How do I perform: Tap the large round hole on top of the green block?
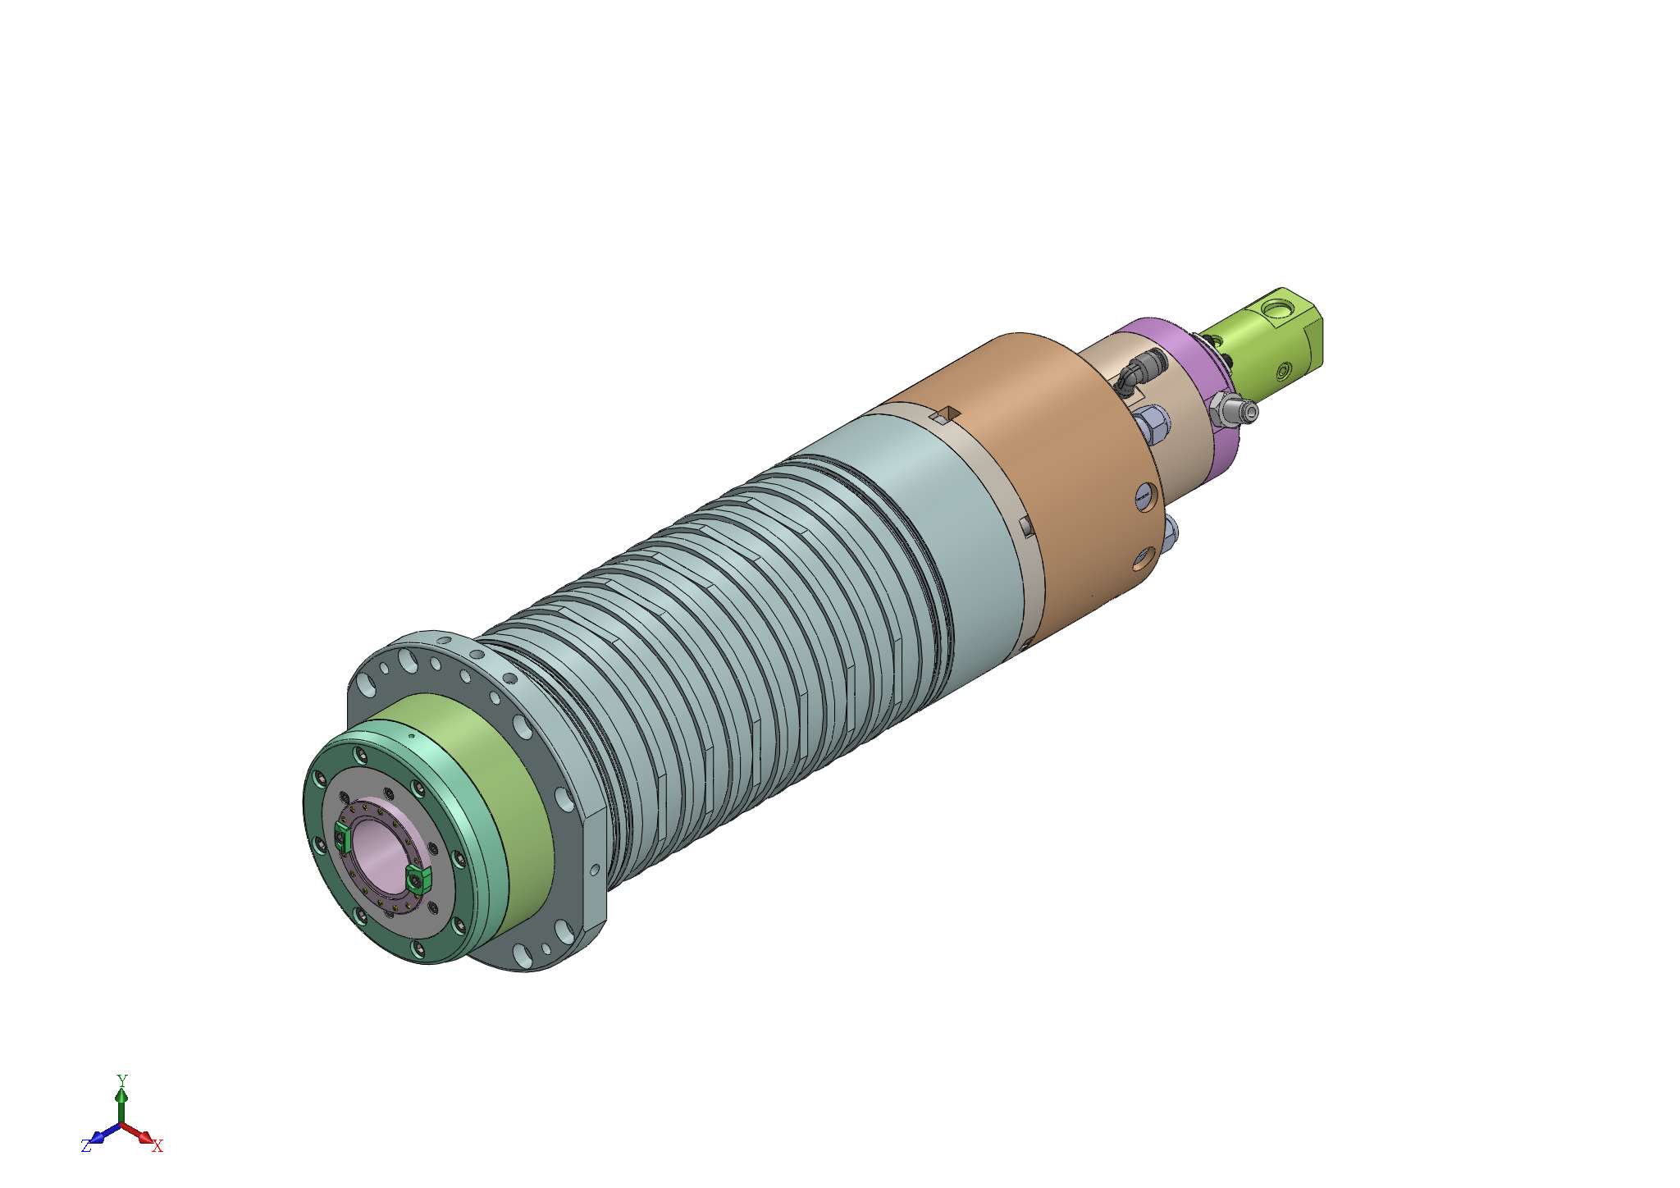click(x=1276, y=309)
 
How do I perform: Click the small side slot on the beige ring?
click(x=1025, y=525)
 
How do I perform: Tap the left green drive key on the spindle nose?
click(x=343, y=838)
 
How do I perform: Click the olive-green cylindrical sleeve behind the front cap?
click(x=492, y=788)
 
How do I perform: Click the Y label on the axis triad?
click(x=121, y=1079)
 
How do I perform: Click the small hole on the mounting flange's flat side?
click(x=595, y=869)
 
